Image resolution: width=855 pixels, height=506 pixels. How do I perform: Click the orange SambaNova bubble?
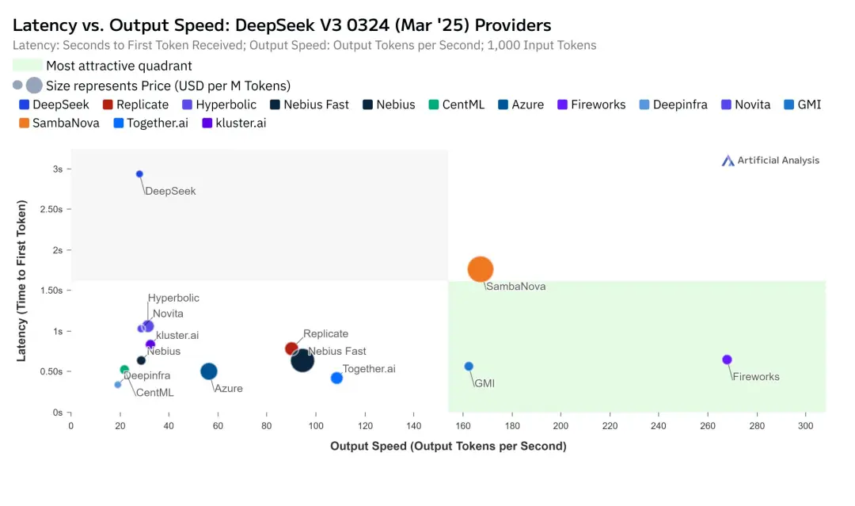coord(481,269)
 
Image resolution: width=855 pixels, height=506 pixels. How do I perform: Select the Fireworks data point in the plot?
coord(727,360)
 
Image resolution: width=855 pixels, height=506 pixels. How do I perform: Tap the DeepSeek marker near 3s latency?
coord(139,174)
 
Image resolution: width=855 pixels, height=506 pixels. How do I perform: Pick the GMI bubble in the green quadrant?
coord(469,366)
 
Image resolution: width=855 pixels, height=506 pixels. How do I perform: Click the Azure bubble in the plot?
coord(209,371)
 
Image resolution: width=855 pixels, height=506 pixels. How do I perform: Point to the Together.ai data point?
coord(336,378)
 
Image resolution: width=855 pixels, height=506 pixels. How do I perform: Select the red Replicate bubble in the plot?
coord(291,348)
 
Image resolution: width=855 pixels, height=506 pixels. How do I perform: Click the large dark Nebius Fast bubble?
coord(302,361)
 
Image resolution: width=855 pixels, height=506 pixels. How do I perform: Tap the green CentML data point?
coord(124,370)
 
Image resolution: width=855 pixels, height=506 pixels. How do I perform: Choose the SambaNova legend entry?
coord(59,123)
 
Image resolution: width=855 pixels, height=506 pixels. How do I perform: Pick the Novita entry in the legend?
coord(745,105)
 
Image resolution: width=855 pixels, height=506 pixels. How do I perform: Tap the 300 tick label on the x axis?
coord(806,426)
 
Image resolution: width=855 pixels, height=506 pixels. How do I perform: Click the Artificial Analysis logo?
coord(770,161)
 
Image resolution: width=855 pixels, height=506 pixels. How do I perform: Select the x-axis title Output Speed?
coord(448,447)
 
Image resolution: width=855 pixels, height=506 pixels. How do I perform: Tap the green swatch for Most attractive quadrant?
coord(28,66)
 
